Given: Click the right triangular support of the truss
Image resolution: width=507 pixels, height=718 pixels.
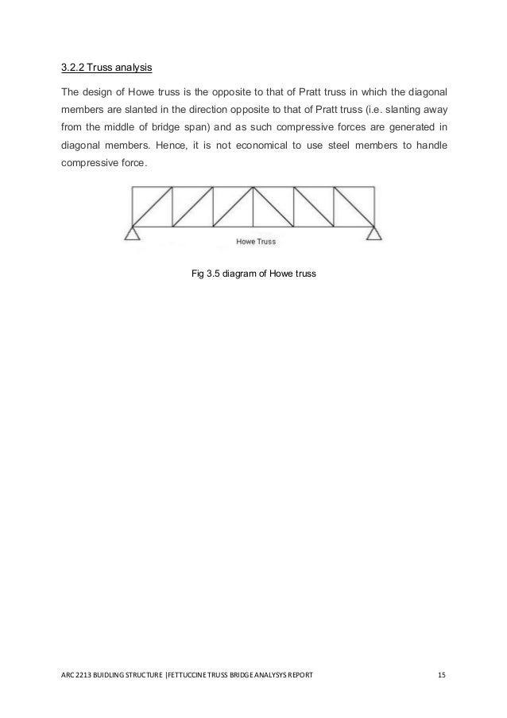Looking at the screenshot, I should (373, 232).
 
